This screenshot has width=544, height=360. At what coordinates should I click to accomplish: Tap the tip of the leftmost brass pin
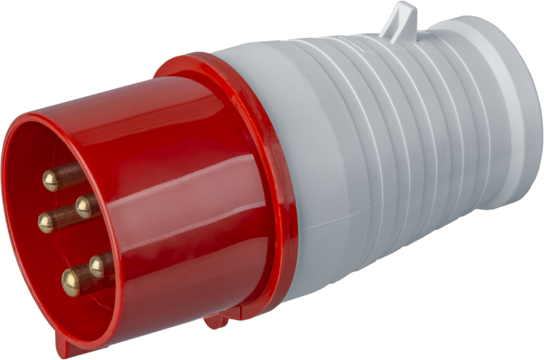coord(46,222)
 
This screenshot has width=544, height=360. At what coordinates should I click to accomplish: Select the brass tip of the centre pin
coord(86,206)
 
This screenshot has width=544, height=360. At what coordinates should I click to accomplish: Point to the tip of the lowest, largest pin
coord(71,281)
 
